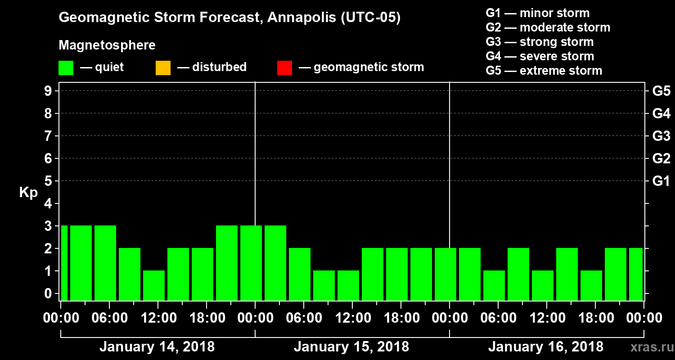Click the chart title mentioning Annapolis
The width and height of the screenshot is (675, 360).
[x=229, y=18]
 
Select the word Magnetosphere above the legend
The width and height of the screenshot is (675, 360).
[x=107, y=45]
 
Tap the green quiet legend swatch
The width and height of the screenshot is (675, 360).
[x=66, y=67]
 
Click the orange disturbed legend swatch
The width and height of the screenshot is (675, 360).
[x=163, y=67]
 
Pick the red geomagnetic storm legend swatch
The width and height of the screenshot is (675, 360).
[x=284, y=67]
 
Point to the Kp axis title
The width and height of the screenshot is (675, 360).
[x=28, y=192]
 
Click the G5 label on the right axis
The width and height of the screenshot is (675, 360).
[x=661, y=91]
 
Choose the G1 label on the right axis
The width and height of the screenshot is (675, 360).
[x=661, y=181]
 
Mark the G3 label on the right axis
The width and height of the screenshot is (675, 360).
[x=661, y=136]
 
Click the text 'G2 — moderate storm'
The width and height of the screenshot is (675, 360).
[x=548, y=27]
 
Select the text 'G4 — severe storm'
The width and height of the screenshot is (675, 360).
[x=540, y=56]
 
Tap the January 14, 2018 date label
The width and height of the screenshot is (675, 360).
[x=157, y=347]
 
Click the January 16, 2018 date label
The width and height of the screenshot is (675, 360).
[x=545, y=347]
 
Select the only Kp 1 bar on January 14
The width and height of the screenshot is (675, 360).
[x=154, y=285]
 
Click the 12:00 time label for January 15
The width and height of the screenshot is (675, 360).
[x=352, y=318]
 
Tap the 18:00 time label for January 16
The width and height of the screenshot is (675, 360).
[x=595, y=318]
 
